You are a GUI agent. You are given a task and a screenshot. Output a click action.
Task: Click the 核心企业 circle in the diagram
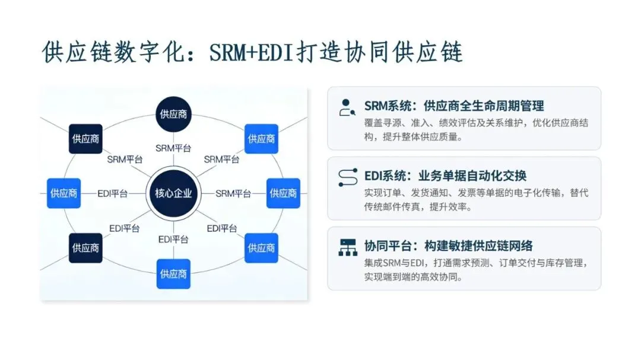pos(174,193)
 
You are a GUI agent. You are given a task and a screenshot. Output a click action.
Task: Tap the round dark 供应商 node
pos(174,113)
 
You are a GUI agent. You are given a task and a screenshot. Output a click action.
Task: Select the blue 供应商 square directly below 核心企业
pos(173,273)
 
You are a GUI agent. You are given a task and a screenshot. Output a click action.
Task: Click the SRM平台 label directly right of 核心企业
pos(233,193)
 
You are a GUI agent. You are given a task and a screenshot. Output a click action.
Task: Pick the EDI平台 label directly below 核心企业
pos(173,239)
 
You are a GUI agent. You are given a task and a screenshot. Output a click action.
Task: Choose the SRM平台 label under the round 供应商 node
pos(173,148)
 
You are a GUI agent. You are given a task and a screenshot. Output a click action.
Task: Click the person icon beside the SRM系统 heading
pos(347,107)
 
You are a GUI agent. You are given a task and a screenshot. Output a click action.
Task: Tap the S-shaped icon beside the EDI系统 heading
pos(347,177)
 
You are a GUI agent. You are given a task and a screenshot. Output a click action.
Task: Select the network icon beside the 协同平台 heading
pos(347,247)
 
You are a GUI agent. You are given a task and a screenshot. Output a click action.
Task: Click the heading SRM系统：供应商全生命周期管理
pos(454,106)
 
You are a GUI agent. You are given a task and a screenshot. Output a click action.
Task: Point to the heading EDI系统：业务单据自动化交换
pos(445,176)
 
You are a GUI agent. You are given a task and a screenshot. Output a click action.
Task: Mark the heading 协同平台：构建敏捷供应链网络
pos(448,246)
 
